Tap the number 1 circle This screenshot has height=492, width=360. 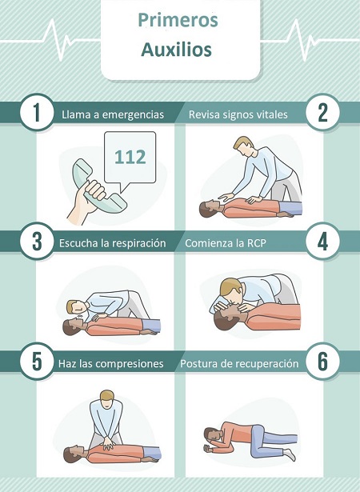pos(31,113)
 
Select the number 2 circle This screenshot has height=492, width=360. pos(323,113)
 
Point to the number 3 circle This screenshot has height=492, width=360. pos(31,242)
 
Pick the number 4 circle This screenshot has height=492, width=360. pos(323,242)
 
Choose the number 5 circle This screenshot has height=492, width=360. pos(31,362)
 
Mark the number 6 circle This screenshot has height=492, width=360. pos(323,362)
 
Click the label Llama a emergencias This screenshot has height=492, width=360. pos(113,114)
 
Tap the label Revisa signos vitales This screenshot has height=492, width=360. pos(238,114)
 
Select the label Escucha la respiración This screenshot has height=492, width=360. pos(112,242)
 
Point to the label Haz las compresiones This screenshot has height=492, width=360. pos(111,363)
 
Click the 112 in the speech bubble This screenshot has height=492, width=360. pos(130,156)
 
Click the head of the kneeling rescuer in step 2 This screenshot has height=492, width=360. pos(245,146)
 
